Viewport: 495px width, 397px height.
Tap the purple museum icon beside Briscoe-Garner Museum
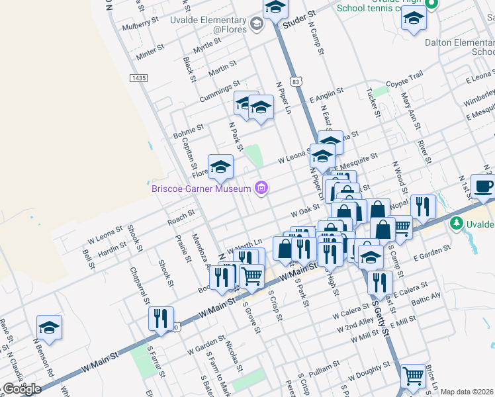point(262,189)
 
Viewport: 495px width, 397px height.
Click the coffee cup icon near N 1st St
point(483,186)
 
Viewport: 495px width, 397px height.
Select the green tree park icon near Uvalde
point(456,224)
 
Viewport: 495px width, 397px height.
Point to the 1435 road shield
point(138,78)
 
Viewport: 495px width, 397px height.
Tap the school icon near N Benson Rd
point(49,328)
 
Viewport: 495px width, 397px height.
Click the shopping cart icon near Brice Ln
point(413,376)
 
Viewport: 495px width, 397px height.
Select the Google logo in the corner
point(22,389)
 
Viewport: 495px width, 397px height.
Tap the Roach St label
point(181,215)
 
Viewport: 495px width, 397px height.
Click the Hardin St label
point(112,251)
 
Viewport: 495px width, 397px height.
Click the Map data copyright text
point(467,392)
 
